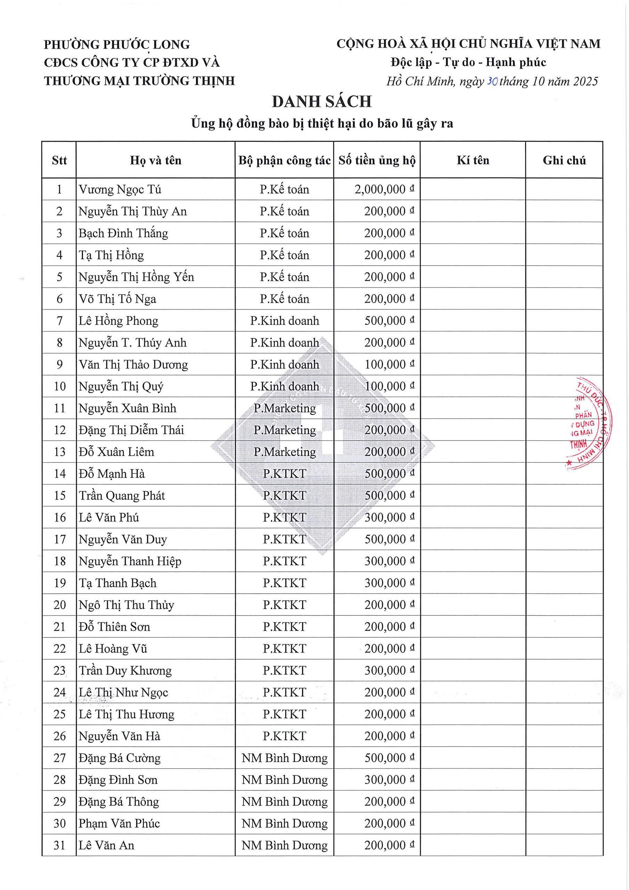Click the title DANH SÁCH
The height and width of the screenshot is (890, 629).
pos(322,102)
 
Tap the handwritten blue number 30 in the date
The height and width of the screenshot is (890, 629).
pos(492,81)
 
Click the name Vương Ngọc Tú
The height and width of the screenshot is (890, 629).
pos(120,189)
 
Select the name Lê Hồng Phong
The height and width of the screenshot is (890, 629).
pos(118,321)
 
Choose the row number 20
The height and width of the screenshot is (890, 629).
pos(60,605)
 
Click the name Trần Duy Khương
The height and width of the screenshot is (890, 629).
pos(125,671)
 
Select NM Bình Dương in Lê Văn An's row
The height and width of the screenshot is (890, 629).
pos(285,845)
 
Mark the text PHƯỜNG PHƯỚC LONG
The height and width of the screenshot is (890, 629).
pos(117,44)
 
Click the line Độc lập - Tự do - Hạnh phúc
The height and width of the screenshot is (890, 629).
pos(468,63)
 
